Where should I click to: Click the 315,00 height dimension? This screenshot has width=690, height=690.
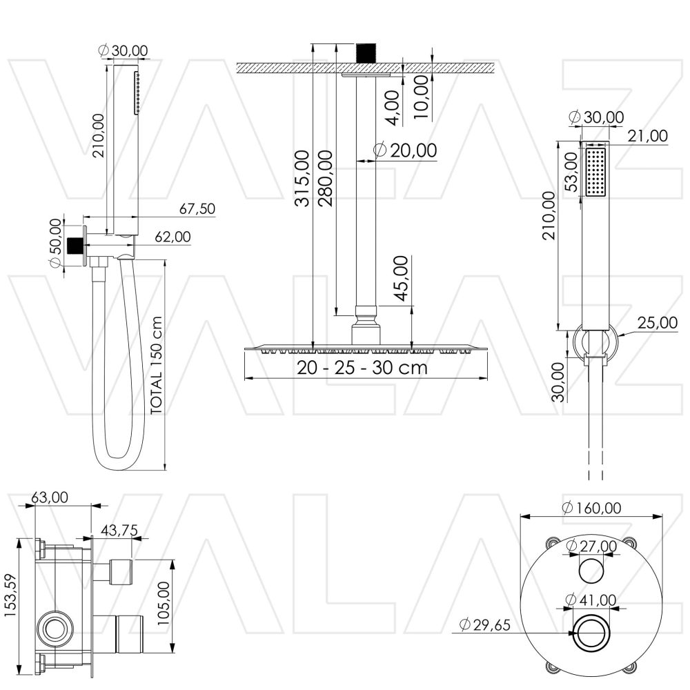click(x=302, y=177)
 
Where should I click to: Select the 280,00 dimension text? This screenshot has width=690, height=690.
click(x=326, y=177)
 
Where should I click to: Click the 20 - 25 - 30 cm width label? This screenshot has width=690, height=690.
click(x=362, y=368)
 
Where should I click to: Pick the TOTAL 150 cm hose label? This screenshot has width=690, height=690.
click(x=157, y=365)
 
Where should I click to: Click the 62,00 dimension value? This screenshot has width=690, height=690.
click(x=172, y=237)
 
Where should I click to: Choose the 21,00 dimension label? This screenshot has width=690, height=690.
click(x=649, y=137)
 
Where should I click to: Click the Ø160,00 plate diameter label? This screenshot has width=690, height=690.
click(x=591, y=508)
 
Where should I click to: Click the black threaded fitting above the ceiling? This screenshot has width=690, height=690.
click(x=365, y=53)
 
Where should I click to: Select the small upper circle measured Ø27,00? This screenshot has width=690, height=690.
click(x=591, y=571)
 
